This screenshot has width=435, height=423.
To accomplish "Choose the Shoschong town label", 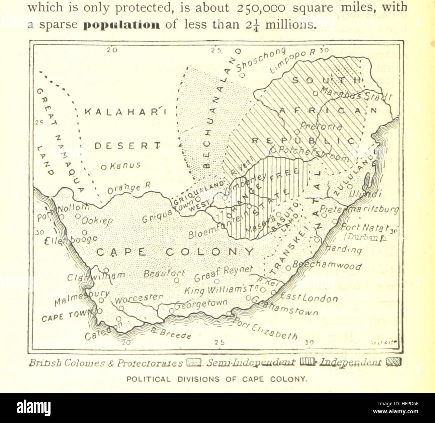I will [261, 59].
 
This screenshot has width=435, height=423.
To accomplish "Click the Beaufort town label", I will [164, 274].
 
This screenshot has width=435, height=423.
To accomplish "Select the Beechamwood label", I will [327, 265].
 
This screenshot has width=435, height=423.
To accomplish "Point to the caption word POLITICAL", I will [148, 379].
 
